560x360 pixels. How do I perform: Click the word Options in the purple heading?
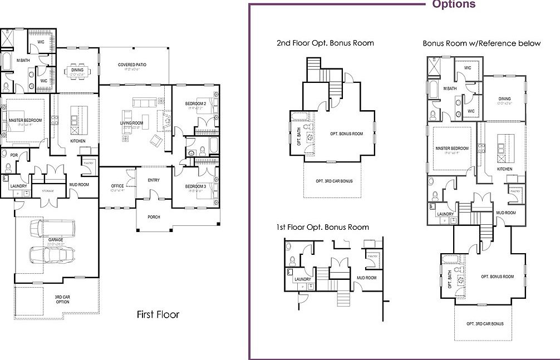[454, 4]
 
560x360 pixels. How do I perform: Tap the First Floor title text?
[158, 315]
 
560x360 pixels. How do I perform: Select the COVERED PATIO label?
[132, 65]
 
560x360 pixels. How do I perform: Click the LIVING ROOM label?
[131, 123]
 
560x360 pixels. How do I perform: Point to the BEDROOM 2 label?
[196, 104]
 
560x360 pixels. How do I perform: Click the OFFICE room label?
[117, 186]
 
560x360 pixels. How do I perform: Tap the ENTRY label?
[154, 180]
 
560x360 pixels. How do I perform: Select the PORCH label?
[154, 217]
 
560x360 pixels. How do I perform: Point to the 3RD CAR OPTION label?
[62, 299]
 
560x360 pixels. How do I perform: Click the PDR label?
[6, 155]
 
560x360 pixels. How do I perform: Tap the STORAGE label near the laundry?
[48, 191]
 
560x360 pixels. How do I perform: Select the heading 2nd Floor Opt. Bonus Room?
[325, 43]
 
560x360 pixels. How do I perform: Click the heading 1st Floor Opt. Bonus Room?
[322, 227]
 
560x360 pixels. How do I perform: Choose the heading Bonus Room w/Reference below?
[481, 43]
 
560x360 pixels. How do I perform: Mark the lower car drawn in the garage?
[52, 254]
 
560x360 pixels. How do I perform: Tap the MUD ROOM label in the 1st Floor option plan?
[366, 278]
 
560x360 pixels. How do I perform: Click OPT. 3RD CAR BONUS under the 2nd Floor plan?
[334, 181]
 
